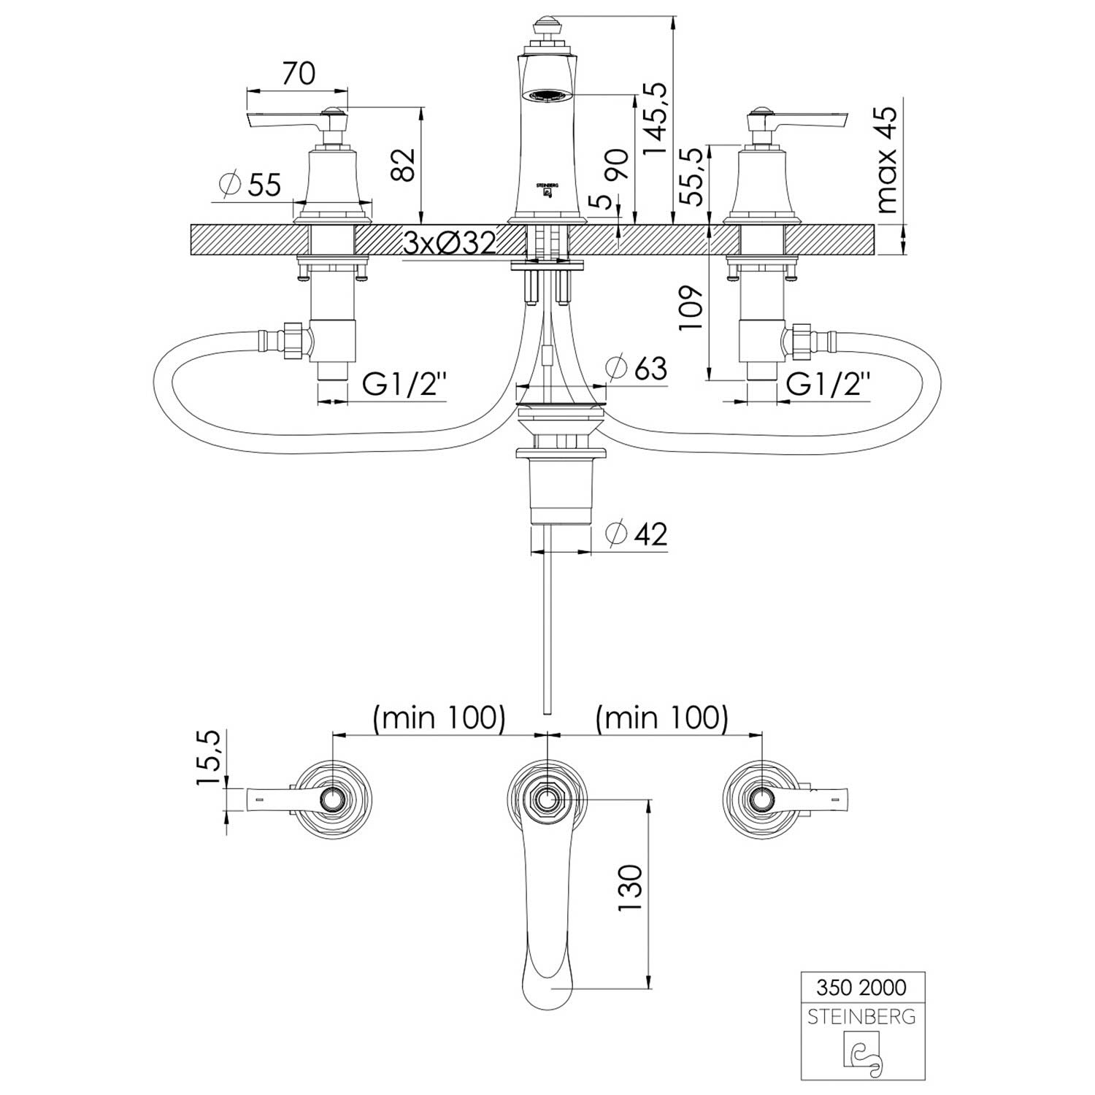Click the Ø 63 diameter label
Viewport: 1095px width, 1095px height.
pyautogui.click(x=637, y=368)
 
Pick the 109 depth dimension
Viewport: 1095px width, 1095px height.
pyautogui.click(x=691, y=307)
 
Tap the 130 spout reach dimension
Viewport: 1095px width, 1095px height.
pyautogui.click(x=630, y=886)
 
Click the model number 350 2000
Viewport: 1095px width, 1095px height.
pyautogui.click(x=862, y=988)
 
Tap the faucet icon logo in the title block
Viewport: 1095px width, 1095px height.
pyautogui.click(x=862, y=1051)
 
